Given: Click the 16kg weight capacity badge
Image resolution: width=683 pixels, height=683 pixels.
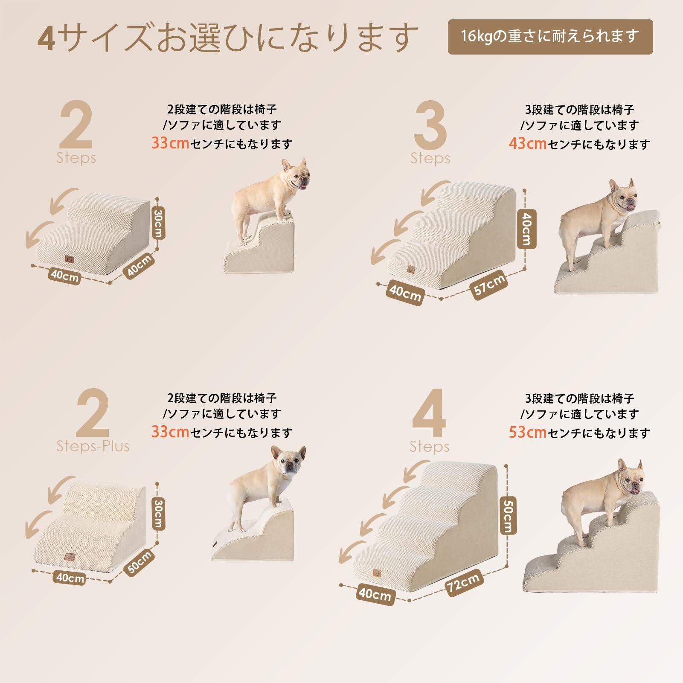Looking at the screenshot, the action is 550,37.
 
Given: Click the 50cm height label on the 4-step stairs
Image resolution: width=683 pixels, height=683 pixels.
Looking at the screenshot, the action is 507,516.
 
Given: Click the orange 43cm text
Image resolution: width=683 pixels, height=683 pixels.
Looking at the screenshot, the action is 528,143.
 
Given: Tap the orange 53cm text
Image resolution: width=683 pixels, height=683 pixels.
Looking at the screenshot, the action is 528,432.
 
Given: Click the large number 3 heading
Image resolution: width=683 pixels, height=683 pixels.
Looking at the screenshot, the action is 430,125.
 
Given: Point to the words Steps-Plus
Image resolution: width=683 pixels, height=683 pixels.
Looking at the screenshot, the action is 93,446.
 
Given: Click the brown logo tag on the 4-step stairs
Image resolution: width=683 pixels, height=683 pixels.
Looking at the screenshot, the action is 377,573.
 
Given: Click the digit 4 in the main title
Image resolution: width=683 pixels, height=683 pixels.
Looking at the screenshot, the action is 46,38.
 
